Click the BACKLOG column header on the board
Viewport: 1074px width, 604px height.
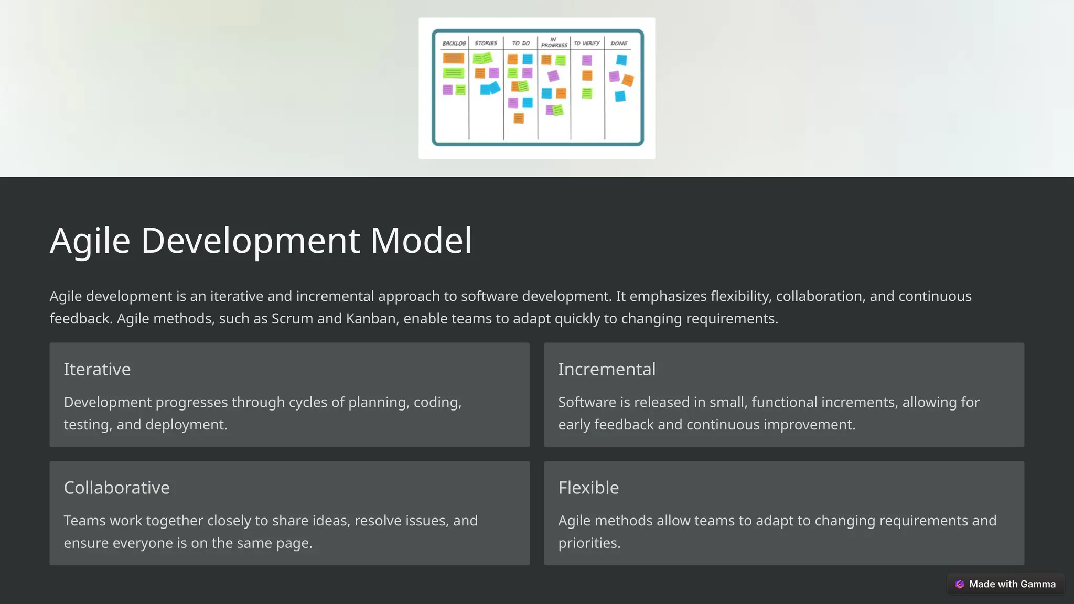coord(454,44)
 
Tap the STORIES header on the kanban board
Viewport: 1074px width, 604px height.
coord(486,43)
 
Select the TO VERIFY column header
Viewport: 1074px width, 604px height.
coord(586,44)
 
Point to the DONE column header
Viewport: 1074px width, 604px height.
coord(619,44)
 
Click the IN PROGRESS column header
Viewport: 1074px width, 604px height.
coord(554,42)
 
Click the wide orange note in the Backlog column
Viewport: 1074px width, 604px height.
coord(453,58)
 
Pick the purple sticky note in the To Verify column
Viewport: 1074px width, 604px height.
coord(587,60)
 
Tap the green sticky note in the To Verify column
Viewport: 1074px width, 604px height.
coord(587,93)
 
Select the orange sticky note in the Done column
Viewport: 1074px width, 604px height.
coord(628,80)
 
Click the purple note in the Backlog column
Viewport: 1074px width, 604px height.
coord(447,90)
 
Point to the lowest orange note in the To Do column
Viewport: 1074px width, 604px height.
coord(519,118)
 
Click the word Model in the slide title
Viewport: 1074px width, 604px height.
coord(421,241)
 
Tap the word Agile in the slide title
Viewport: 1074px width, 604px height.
coord(90,241)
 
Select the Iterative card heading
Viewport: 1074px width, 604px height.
coord(97,369)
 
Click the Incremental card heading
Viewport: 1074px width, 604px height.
coord(607,369)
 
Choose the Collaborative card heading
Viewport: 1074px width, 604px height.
coord(116,488)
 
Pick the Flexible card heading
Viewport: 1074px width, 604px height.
coord(588,488)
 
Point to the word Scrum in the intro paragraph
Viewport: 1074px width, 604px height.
coord(292,319)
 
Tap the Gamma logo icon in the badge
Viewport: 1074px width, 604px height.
coord(960,584)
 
